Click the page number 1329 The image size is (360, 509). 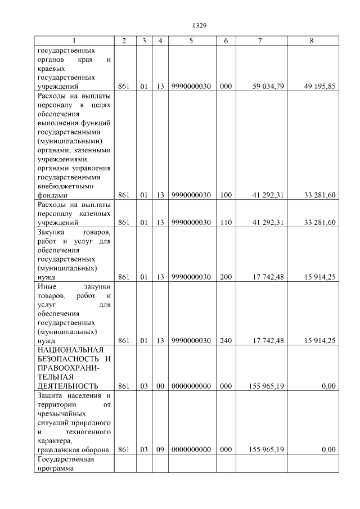click(200, 25)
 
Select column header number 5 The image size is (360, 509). click(191, 41)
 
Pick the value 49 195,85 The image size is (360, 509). click(319, 86)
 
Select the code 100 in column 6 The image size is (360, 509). click(226, 195)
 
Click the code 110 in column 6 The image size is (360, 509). click(226, 222)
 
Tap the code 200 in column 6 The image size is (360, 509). click(226, 277)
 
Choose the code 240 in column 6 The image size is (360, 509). click(226, 340)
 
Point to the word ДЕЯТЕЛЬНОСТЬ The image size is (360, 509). click(67, 386)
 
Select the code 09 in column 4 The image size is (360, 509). click(160, 449)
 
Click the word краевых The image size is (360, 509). click(51, 68)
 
